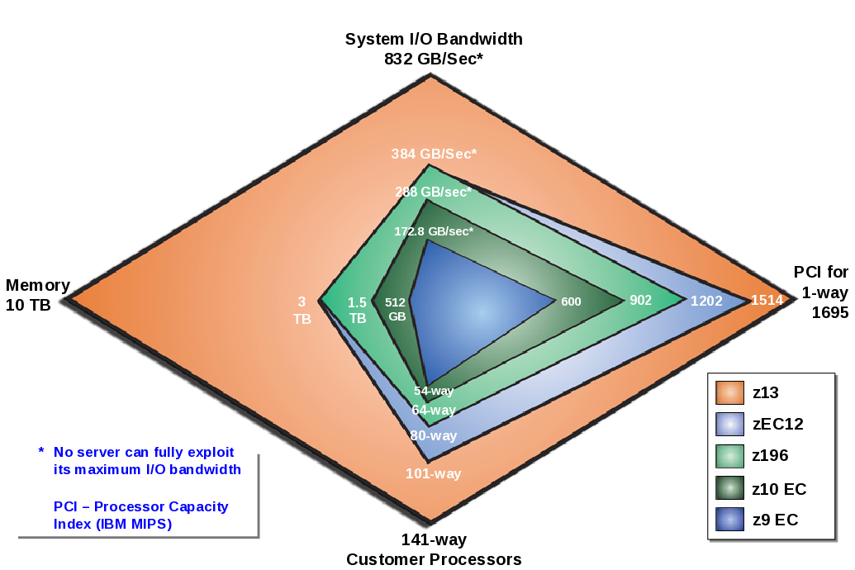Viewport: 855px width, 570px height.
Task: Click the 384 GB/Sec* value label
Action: click(435, 154)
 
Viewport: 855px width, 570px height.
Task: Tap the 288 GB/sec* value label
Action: click(433, 192)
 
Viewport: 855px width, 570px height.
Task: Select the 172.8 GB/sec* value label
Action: click(434, 231)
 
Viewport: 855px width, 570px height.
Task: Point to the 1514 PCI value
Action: click(767, 301)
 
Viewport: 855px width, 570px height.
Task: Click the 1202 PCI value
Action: click(706, 301)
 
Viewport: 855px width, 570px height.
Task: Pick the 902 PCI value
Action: click(641, 301)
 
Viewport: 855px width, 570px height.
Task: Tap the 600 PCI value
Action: click(571, 302)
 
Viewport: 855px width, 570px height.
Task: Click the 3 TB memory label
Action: click(302, 310)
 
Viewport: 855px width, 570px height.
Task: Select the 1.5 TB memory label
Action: click(357, 310)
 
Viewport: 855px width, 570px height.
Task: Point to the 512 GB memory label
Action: click(396, 309)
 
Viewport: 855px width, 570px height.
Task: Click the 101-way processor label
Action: click(433, 473)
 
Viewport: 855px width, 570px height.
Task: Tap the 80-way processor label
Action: click(433, 435)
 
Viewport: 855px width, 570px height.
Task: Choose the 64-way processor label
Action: click(433, 410)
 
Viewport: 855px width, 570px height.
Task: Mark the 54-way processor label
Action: click(434, 391)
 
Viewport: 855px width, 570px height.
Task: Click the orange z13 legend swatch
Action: click(729, 392)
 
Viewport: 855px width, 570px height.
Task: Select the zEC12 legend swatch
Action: click(729, 425)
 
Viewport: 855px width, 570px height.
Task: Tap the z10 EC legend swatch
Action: click(729, 489)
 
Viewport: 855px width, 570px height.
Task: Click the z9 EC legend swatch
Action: click(729, 520)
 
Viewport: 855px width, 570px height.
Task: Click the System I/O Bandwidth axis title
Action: click(434, 39)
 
